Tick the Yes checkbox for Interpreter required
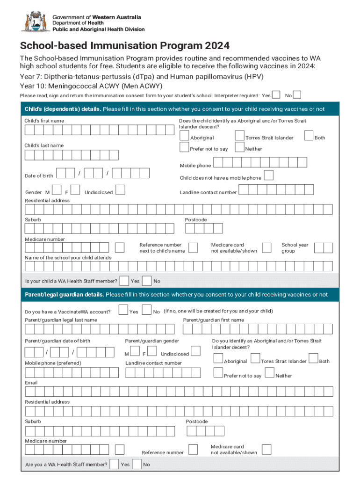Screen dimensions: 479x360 click(276, 95)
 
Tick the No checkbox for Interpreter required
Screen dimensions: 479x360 click(297, 95)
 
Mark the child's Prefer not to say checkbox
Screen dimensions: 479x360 click(184, 147)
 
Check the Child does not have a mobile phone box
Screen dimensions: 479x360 click(269, 176)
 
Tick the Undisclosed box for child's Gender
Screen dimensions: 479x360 click(120, 190)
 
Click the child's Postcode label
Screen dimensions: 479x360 click(195, 220)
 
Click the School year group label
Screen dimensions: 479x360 click(295, 248)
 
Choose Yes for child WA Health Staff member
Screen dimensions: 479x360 click(125, 281)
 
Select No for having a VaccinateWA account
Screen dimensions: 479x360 click(146, 310)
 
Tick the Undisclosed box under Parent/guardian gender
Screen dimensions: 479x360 click(195, 351)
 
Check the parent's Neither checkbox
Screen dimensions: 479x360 click(269, 372)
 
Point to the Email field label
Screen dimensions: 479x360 click(31, 383)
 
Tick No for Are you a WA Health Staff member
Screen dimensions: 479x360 click(137, 464)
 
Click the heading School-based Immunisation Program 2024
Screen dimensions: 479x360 click(124, 46)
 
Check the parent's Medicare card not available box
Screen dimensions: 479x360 click(266, 450)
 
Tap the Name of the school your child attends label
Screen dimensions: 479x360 click(68, 258)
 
